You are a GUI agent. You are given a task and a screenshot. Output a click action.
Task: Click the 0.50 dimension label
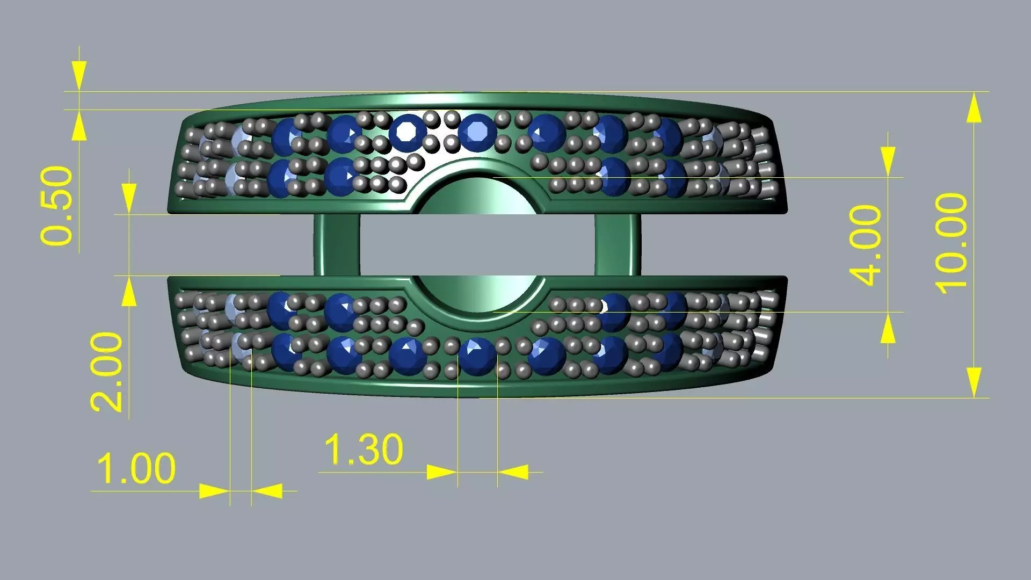coord(56,206)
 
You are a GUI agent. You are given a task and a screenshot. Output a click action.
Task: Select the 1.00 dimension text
coord(136,468)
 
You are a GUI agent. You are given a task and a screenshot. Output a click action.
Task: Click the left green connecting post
coord(337,245)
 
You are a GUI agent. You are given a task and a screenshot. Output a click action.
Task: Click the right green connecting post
coord(618,245)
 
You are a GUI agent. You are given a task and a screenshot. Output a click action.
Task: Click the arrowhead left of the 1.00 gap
coord(214,491)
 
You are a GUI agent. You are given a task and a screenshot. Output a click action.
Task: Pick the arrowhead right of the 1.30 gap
coord(513,473)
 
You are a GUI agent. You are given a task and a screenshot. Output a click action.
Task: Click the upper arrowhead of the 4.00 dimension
coord(888,161)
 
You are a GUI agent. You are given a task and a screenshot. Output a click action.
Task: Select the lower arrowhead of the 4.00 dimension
coord(888,328)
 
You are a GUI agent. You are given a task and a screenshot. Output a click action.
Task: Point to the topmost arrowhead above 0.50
coord(79,75)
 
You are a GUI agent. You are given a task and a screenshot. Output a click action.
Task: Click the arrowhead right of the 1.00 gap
coord(267,491)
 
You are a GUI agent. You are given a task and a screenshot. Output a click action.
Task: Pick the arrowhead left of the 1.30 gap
coord(441,473)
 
